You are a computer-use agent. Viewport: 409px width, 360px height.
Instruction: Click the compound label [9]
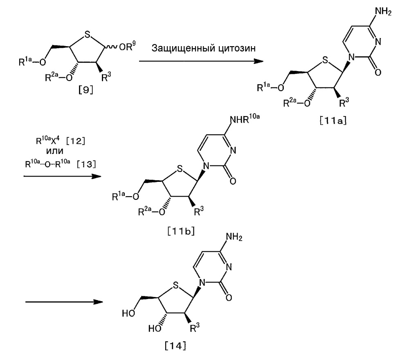tap(86, 90)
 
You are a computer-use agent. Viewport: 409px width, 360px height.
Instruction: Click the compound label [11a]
tap(333, 121)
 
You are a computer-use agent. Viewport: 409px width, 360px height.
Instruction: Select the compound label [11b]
tap(181, 231)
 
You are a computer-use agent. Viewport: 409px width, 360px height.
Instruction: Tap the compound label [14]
tap(175, 346)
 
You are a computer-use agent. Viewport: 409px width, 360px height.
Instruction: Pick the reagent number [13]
tap(86, 164)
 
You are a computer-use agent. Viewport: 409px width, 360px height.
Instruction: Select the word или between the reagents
tap(55, 151)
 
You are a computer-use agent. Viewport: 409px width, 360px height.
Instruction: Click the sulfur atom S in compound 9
tap(88, 34)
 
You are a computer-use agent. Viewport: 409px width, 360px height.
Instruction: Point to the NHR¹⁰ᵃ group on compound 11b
tap(245, 119)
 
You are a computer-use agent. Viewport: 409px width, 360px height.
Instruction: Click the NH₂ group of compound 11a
tap(383, 12)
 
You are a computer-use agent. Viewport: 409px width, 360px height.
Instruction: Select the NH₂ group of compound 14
tap(234, 237)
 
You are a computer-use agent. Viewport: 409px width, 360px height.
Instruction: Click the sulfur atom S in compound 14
tap(176, 286)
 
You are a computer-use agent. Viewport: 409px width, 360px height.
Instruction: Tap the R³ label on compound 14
tap(195, 328)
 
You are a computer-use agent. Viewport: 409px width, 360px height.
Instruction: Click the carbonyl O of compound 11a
tap(378, 72)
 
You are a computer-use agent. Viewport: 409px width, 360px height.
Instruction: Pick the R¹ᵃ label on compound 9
tap(25, 62)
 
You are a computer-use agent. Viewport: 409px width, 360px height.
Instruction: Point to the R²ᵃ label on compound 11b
tap(145, 211)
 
